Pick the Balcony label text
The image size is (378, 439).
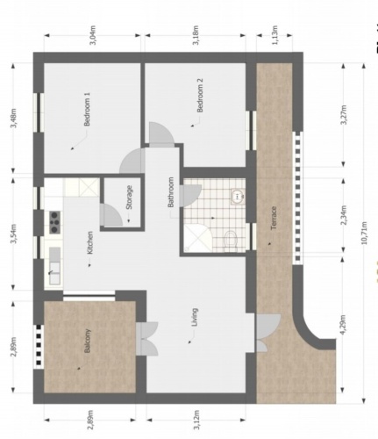(x=88, y=342)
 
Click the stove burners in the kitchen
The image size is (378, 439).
(x=53, y=220)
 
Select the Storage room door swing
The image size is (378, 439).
(x=111, y=215)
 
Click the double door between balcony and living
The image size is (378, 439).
(x=146, y=340)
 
